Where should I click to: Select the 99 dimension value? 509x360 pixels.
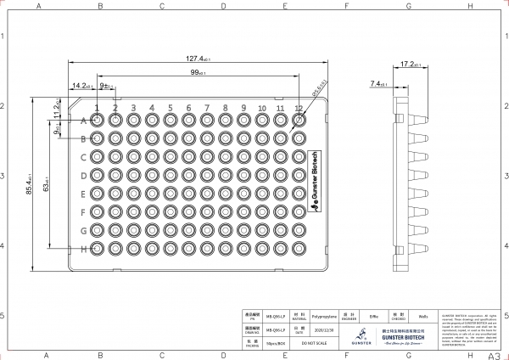(x=200, y=73)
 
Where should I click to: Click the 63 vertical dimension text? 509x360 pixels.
(x=46, y=180)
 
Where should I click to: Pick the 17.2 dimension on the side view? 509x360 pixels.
(x=411, y=64)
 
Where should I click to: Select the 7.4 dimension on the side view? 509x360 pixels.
(x=379, y=84)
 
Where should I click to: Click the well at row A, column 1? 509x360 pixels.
(x=97, y=121)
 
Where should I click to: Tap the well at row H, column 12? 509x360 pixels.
(x=299, y=249)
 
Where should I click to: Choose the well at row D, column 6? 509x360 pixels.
(x=188, y=176)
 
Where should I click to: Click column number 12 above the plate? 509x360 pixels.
(x=299, y=109)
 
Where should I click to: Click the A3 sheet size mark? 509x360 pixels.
(x=495, y=355)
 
